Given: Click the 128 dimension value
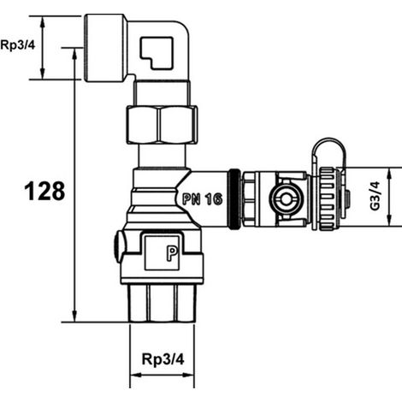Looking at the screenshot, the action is [x=44, y=191].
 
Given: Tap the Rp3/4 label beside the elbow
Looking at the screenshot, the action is [x=18, y=45].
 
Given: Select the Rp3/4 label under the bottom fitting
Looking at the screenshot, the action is [x=163, y=359].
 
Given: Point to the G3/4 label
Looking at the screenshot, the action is [x=375, y=196].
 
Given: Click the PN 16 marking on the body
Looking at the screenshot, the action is [x=203, y=198].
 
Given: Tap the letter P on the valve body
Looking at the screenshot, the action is [x=172, y=253].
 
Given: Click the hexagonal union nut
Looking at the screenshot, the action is [x=162, y=124].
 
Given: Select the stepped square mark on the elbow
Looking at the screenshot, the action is [x=157, y=53].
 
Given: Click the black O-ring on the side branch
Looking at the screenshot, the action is [x=234, y=199].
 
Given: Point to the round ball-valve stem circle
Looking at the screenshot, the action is [x=284, y=198].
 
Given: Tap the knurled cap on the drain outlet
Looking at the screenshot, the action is [x=328, y=198].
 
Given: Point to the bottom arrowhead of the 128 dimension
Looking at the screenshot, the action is [x=74, y=316].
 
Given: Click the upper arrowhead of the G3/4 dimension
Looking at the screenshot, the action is [x=389, y=174].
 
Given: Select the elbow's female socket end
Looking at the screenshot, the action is [x=105, y=48].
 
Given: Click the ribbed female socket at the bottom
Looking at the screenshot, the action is [x=162, y=304].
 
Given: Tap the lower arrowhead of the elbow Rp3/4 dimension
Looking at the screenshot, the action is [x=43, y=74].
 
